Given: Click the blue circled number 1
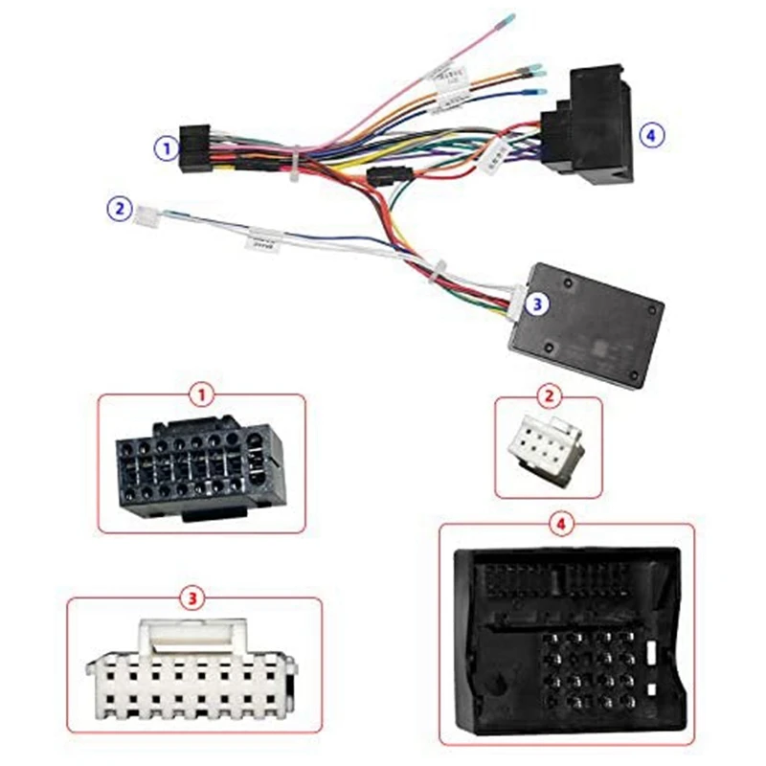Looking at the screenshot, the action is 168,148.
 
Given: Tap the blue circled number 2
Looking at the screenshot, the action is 119,207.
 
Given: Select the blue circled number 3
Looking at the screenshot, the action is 537,304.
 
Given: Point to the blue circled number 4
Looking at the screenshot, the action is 652,136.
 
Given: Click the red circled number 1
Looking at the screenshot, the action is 201,394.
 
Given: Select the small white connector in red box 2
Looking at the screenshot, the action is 544,448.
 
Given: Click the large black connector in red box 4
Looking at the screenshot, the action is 566,637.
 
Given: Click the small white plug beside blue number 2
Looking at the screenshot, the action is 147,213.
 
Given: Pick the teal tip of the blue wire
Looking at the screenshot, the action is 541,91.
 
